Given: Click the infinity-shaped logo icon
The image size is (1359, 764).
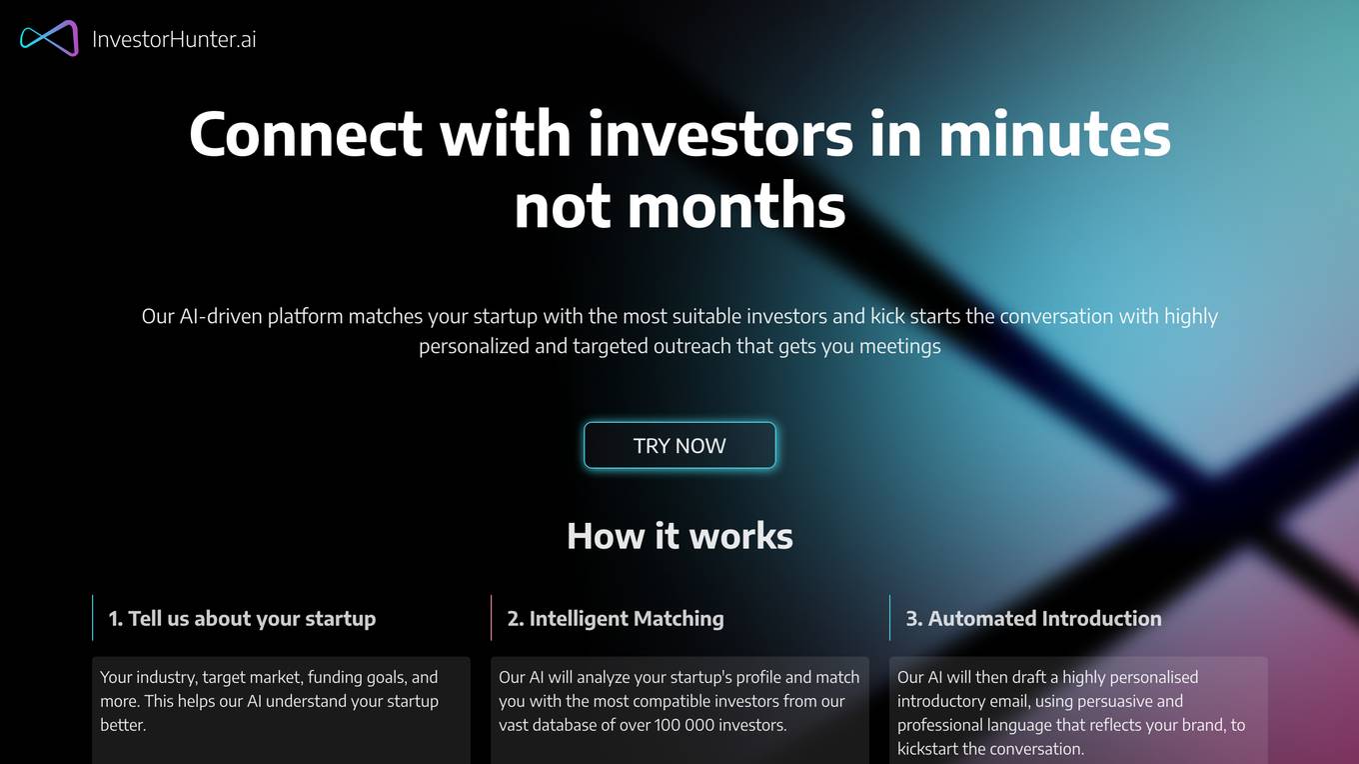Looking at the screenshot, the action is (49, 38).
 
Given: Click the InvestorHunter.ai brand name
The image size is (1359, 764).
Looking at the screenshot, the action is (174, 39).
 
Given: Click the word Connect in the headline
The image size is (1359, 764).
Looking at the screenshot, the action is (306, 134).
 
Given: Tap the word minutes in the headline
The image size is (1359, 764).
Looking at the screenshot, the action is (1054, 134).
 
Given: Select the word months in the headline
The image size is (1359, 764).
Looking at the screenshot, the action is (735, 206).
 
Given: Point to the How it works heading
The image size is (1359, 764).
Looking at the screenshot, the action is (679, 536).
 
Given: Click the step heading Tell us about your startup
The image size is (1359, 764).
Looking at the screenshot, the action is (242, 618).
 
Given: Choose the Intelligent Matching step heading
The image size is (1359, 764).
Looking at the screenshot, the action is (616, 618).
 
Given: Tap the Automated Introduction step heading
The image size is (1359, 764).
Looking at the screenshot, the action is (1033, 618).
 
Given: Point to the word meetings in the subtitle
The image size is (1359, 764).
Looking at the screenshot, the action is (899, 346).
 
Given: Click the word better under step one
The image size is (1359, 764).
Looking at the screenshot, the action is (123, 725).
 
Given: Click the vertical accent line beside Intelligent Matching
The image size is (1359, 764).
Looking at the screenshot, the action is (491, 618).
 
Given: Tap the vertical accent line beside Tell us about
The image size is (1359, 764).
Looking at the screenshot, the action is (92, 618).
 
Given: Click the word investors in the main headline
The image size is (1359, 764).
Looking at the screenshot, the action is (720, 134).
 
